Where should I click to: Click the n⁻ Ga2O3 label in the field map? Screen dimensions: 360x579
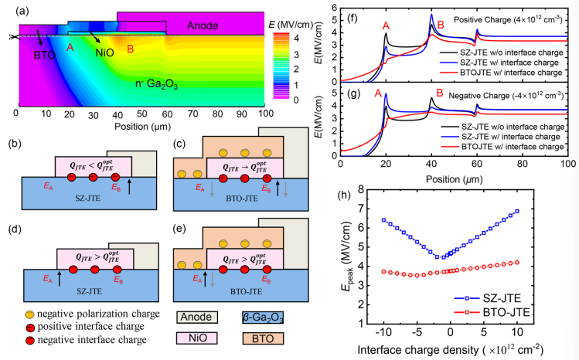tap(158, 83)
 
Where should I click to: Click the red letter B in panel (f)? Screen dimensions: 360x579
tap(440, 25)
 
